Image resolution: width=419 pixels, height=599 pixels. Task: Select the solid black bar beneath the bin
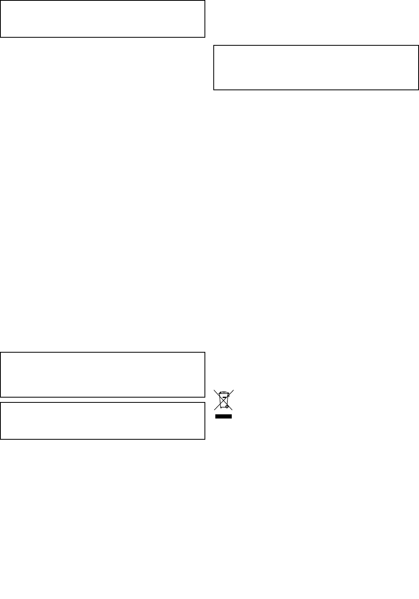tap(224, 416)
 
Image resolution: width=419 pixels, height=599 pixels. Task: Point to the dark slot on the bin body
tap(224, 398)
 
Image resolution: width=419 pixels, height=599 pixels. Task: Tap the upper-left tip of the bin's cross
tap(215, 390)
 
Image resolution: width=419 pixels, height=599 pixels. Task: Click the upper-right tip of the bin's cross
tap(233, 390)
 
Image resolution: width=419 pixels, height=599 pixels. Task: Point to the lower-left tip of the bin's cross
tap(215, 410)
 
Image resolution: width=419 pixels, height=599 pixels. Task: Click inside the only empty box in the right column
tap(316, 67)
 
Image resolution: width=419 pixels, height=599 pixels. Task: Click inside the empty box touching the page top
tap(103, 19)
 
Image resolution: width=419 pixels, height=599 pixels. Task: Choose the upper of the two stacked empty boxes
tap(103, 375)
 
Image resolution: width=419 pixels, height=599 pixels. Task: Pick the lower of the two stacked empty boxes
tap(103, 421)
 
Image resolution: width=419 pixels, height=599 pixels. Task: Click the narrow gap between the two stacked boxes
tap(103, 400)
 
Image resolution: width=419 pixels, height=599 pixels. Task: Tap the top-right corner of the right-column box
tap(418, 46)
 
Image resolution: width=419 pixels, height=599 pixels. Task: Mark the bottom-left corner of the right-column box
tap(214, 89)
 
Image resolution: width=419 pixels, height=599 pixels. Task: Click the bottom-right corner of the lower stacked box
tap(204, 439)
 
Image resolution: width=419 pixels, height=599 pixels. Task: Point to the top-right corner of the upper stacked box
tap(204, 353)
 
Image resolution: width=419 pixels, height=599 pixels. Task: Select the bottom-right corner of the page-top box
tap(204, 37)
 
